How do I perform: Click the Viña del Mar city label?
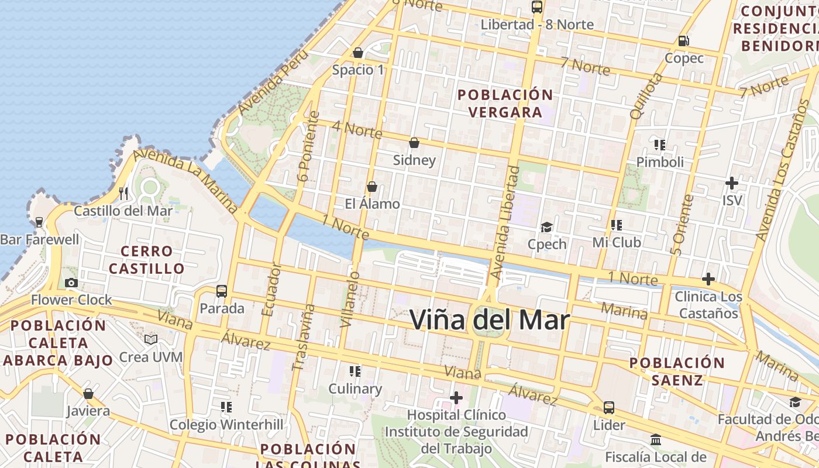(489, 319)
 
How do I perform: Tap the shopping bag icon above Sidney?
(414, 143)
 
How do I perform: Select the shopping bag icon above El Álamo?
(371, 187)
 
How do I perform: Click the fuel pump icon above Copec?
(683, 41)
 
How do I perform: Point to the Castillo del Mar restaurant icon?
(123, 193)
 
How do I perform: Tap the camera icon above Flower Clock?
(71, 283)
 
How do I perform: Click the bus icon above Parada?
(222, 291)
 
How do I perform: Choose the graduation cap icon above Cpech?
(546, 227)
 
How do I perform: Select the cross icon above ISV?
(731, 183)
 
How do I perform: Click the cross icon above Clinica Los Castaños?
(708, 279)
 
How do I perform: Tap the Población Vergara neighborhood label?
(505, 103)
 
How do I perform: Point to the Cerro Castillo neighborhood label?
(147, 260)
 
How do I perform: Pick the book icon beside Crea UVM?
(151, 339)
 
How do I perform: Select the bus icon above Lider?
(609, 407)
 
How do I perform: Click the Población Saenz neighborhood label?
(677, 371)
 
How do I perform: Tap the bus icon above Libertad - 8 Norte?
(536, 7)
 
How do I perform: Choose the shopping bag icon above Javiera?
(88, 394)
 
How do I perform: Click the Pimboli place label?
(660, 162)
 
